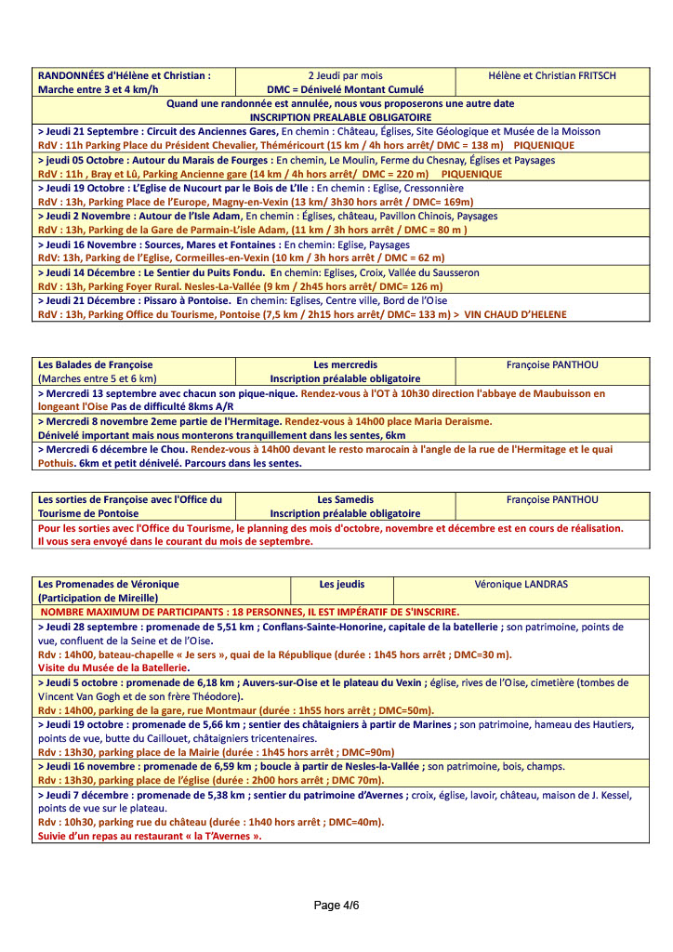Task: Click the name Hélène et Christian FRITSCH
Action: (x=552, y=76)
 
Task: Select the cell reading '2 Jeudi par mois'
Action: (x=345, y=76)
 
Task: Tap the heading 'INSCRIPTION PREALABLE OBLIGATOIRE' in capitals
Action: (x=340, y=118)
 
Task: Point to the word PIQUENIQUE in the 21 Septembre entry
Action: (x=544, y=146)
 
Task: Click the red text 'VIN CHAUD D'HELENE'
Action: (x=515, y=314)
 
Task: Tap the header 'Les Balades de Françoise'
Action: (x=95, y=365)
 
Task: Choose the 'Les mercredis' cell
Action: (x=345, y=365)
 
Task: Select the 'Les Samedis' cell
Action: (x=345, y=499)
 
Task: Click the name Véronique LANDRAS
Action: (x=521, y=584)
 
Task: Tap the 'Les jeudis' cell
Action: (x=341, y=584)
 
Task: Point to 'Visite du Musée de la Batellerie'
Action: (x=108, y=668)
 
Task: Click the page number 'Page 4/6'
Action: (x=336, y=906)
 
